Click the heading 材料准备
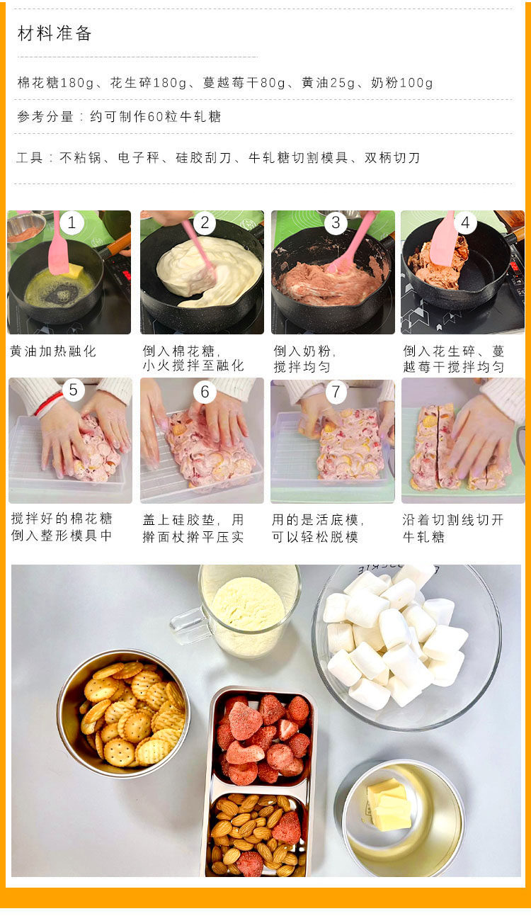(55, 33)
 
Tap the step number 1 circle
(72, 222)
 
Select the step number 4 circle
(465, 222)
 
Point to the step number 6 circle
(205, 391)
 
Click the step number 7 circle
(336, 391)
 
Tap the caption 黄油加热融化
(53, 351)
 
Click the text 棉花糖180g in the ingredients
(56, 83)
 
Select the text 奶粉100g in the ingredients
(402, 83)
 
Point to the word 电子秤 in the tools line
(139, 157)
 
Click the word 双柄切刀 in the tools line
(392, 157)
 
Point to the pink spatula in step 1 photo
(59, 246)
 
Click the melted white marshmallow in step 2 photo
(208, 271)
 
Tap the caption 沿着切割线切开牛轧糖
(453, 528)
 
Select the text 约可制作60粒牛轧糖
(156, 117)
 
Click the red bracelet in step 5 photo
(49, 405)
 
